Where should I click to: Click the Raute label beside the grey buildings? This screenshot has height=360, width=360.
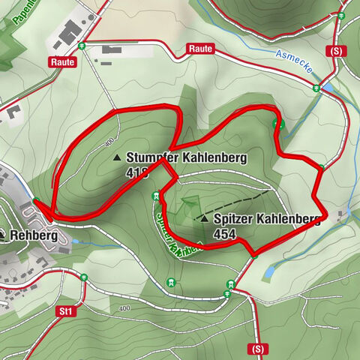64,62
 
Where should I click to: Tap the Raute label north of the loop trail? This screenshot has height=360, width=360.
201,49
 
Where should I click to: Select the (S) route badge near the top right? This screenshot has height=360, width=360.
334,51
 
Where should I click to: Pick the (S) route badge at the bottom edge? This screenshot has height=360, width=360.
258,349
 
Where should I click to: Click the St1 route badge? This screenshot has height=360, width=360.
65,310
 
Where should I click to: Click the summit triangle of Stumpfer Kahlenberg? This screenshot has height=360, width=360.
117,158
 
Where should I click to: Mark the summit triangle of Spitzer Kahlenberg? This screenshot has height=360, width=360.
204,218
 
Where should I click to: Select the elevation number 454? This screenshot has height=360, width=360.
225,235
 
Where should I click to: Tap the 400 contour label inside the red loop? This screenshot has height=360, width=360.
110,141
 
